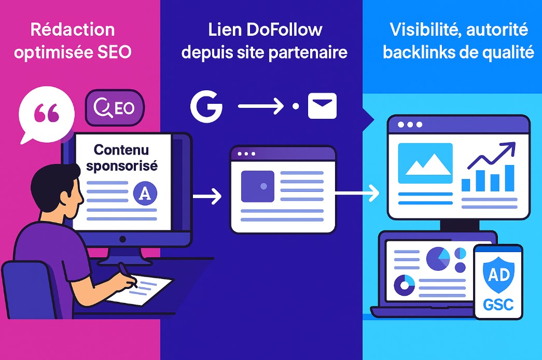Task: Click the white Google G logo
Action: [206, 107]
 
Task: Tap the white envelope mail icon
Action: [322, 106]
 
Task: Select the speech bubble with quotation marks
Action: [46, 115]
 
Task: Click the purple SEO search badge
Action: [115, 108]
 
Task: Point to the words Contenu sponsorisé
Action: [122, 158]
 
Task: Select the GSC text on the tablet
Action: [498, 303]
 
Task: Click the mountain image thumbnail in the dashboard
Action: [425, 163]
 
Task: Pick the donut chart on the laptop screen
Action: [405, 285]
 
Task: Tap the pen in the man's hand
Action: [127, 275]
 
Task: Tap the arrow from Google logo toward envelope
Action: [261, 107]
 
